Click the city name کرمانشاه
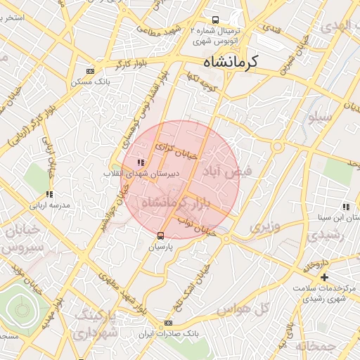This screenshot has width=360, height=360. (x=231, y=61)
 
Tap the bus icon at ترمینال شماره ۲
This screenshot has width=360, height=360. (x=216, y=20)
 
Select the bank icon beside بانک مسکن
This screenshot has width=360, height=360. (x=89, y=71)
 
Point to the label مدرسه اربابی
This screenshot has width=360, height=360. (x=49, y=206)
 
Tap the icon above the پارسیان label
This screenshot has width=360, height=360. (x=161, y=236)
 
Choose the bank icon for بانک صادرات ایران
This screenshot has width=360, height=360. (x=167, y=323)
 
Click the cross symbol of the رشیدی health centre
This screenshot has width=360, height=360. (x=324, y=278)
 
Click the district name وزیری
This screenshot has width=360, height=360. (x=264, y=226)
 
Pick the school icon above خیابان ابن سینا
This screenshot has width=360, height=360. (x=345, y=207)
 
